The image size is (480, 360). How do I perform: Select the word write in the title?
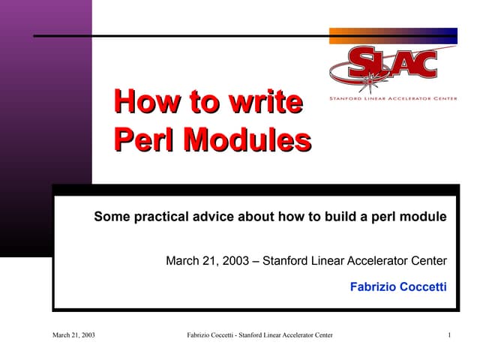point(265,102)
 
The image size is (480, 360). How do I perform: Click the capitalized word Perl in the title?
point(144,139)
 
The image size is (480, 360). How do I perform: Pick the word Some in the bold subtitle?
point(110,217)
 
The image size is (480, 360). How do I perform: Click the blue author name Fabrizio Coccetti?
point(398,286)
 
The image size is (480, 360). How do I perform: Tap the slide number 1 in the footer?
point(448,334)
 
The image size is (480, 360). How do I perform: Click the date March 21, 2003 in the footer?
point(73,334)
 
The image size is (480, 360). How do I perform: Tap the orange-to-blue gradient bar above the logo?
point(393,35)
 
